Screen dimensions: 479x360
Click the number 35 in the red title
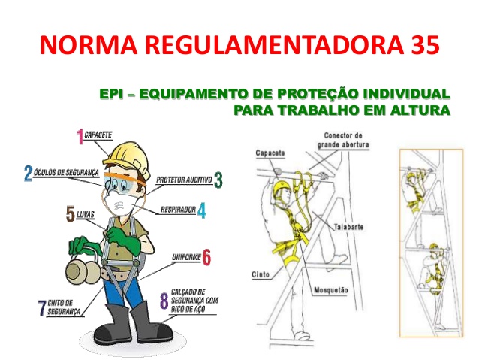[423, 44]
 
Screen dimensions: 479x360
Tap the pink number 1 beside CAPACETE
[80, 136]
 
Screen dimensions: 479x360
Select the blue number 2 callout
[28, 173]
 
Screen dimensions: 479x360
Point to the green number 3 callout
[218, 180]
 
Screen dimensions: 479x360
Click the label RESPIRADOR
[178, 210]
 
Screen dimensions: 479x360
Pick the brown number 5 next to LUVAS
[71, 213]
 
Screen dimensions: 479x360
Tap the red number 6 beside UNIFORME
[206, 257]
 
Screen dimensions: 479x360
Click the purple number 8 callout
[164, 301]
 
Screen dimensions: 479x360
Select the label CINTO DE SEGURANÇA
[64, 307]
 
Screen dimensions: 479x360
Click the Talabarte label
[348, 227]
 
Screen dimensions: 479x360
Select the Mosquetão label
[331, 289]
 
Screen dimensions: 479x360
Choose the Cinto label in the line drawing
[261, 274]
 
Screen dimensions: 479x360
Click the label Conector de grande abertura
[343, 140]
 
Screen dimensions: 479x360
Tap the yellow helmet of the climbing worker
[282, 189]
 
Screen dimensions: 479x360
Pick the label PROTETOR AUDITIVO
[184, 180]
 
